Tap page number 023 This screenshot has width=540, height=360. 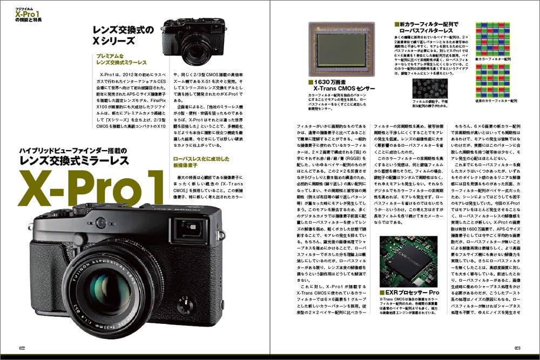tap(517, 348)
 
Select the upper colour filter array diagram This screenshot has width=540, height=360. tap(496, 37)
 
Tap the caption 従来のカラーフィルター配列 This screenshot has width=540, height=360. tap(496, 100)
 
